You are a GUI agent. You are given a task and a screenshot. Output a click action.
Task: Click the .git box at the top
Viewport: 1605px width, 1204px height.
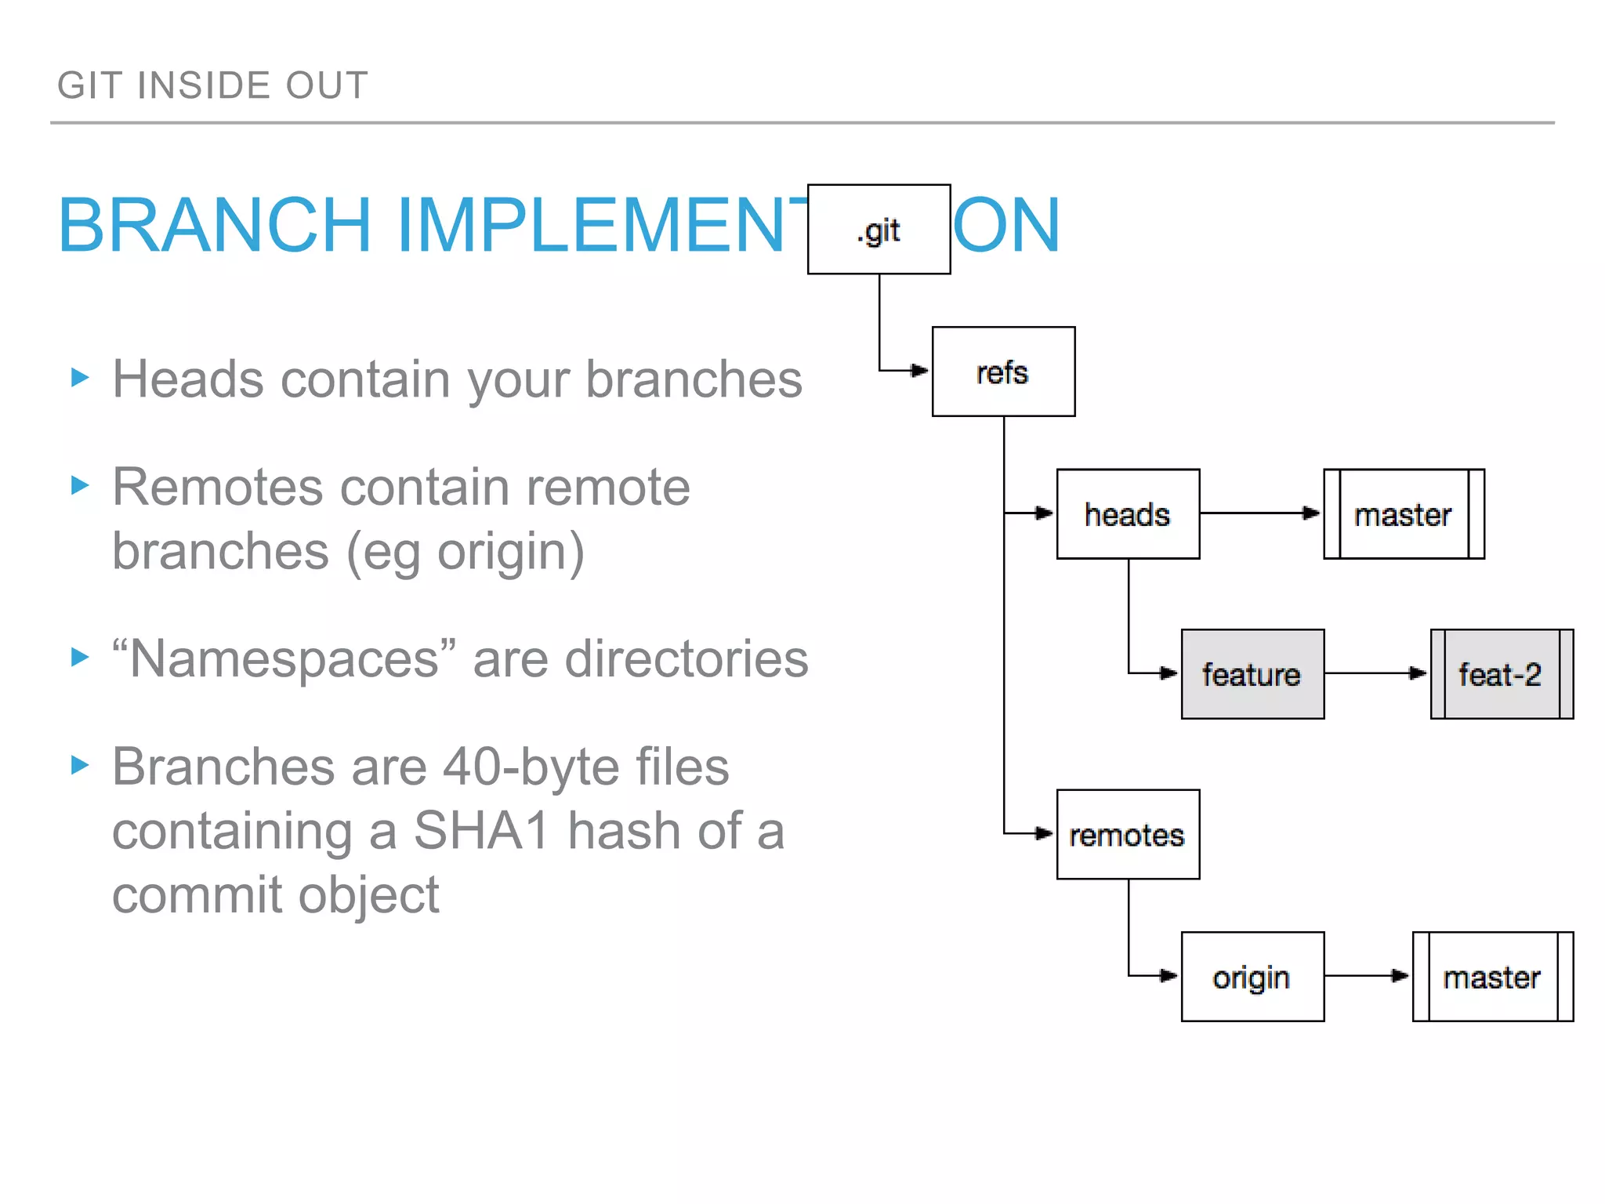click(879, 230)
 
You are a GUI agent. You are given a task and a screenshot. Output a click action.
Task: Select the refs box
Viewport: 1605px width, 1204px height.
click(1003, 372)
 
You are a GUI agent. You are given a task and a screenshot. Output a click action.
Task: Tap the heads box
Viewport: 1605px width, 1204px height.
click(1128, 514)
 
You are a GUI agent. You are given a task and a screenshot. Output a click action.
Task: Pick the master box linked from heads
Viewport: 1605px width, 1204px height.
click(1404, 514)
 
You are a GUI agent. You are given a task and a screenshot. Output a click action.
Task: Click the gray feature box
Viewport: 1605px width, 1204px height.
click(1252, 674)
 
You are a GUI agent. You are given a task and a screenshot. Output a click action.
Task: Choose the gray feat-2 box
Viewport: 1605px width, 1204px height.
click(1502, 674)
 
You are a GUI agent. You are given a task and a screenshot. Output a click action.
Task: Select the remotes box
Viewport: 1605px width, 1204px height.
click(1128, 835)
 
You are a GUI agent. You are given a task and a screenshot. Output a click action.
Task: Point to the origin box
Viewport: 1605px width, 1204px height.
click(1252, 977)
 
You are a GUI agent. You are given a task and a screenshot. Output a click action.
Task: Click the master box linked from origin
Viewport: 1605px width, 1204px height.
click(1492, 977)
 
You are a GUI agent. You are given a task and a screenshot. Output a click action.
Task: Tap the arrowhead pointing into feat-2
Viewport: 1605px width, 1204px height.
click(1418, 673)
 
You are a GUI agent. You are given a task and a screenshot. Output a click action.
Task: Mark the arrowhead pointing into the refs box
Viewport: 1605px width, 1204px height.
click(919, 370)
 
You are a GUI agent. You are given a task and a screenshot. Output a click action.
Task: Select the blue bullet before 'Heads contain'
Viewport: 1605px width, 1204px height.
click(80, 377)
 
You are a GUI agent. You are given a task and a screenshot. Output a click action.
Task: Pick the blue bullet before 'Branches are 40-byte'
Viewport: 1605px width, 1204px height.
click(80, 764)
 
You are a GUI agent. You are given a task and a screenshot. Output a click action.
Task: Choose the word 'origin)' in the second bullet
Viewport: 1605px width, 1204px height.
click(510, 551)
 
